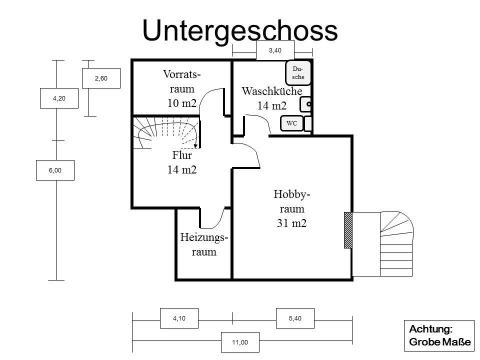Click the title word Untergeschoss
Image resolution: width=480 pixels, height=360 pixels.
click(240, 31)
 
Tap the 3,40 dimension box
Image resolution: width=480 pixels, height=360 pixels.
click(275, 50)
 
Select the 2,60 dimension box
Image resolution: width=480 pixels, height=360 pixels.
click(101, 78)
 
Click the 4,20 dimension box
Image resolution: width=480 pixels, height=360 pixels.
click(59, 98)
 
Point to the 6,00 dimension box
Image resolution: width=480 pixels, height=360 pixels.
click(55, 170)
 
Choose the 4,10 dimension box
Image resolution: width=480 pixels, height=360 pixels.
click(179, 318)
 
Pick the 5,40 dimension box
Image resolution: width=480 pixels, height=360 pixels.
click(295, 318)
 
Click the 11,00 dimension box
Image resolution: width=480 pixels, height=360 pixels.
click(240, 342)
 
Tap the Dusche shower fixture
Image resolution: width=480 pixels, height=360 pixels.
click(298, 73)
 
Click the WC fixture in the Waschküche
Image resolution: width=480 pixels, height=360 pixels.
click(291, 123)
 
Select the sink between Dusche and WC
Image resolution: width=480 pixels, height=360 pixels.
click(305, 104)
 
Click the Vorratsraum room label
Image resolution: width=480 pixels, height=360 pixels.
click(182, 89)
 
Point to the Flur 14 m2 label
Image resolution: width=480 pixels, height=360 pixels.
click(182, 162)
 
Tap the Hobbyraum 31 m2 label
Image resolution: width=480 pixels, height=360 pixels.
click(291, 209)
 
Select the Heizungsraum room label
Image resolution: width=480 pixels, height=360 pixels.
click(204, 244)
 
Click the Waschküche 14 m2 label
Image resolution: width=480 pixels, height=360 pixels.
click(272, 98)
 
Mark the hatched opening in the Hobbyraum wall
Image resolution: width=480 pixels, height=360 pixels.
click(348, 230)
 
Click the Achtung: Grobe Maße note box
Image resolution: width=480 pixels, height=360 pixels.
click(439, 335)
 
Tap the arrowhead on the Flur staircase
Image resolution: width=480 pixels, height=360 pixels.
click(196, 145)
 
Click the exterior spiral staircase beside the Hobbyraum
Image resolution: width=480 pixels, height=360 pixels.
click(396, 243)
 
